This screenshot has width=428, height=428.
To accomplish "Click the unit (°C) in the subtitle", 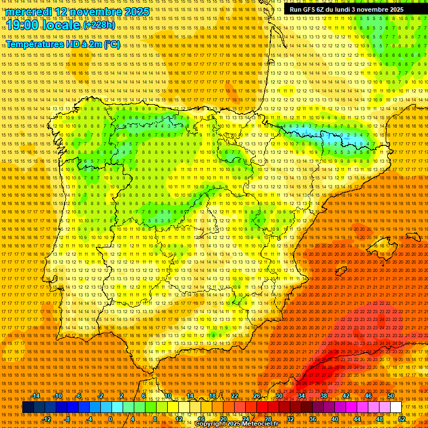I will click(x=111, y=44).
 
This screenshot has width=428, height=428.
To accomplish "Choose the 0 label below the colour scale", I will click(x=110, y=419).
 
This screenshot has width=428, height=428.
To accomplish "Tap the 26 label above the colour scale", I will click(x=257, y=396).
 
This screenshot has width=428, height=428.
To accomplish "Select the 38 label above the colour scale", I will click(x=323, y=396).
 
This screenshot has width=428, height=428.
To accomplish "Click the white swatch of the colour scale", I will click(x=396, y=407).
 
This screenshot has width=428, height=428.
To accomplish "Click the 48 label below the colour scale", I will click(x=379, y=419).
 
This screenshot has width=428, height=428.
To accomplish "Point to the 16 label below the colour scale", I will click(x=202, y=419).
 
